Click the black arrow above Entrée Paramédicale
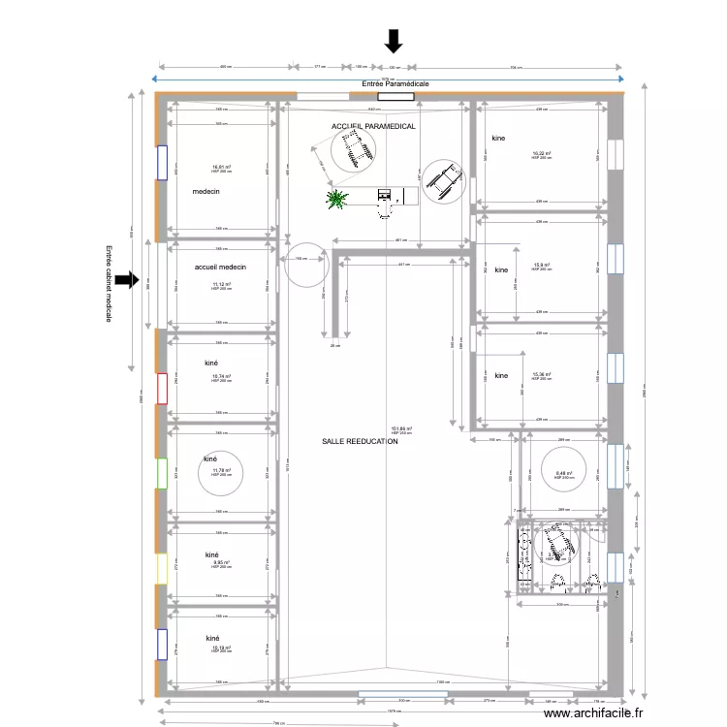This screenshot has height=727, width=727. pyautogui.click(x=394, y=41)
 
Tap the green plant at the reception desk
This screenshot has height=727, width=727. pyautogui.click(x=337, y=199)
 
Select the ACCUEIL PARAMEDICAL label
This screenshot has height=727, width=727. pyautogui.click(x=373, y=127)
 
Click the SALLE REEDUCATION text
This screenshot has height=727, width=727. pyautogui.click(x=360, y=441)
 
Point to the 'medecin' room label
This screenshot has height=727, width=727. pyautogui.click(x=206, y=192)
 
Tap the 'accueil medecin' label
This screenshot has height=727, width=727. pyautogui.click(x=220, y=267)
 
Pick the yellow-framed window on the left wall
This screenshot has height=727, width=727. pyautogui.click(x=162, y=568)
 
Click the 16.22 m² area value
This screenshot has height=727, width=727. pyautogui.click(x=541, y=153)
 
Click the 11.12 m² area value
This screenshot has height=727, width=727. pyautogui.click(x=221, y=284)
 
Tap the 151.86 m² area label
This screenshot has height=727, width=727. pyautogui.click(x=401, y=428)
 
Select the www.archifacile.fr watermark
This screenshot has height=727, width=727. pyautogui.click(x=594, y=713)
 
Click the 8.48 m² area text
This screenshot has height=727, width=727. pyautogui.click(x=563, y=474)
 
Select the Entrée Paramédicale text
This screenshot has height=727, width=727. pyautogui.click(x=395, y=84)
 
